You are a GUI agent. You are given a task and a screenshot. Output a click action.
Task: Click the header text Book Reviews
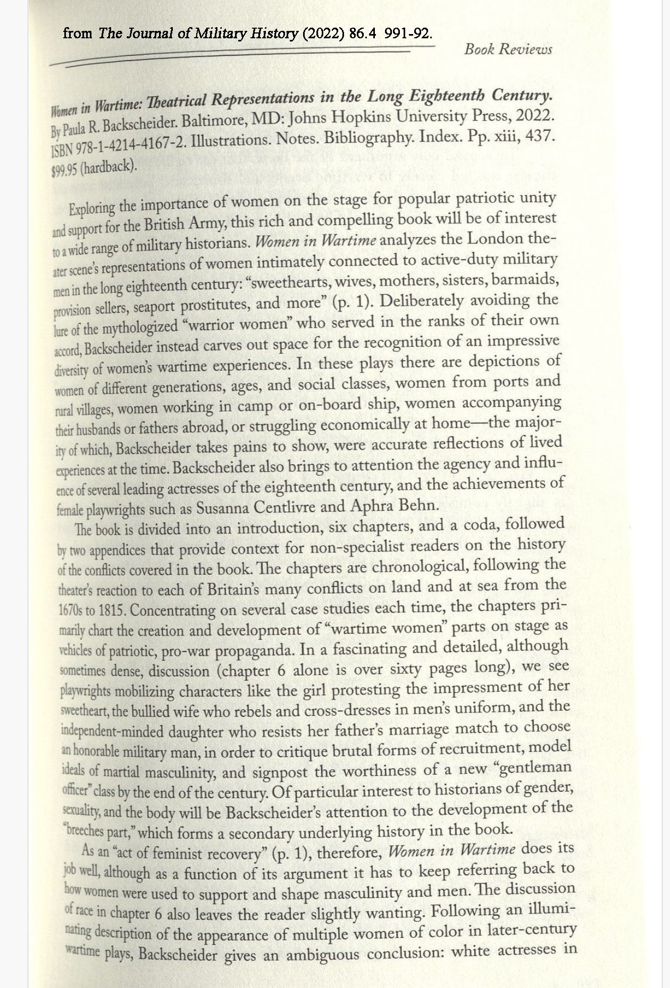[508, 49]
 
